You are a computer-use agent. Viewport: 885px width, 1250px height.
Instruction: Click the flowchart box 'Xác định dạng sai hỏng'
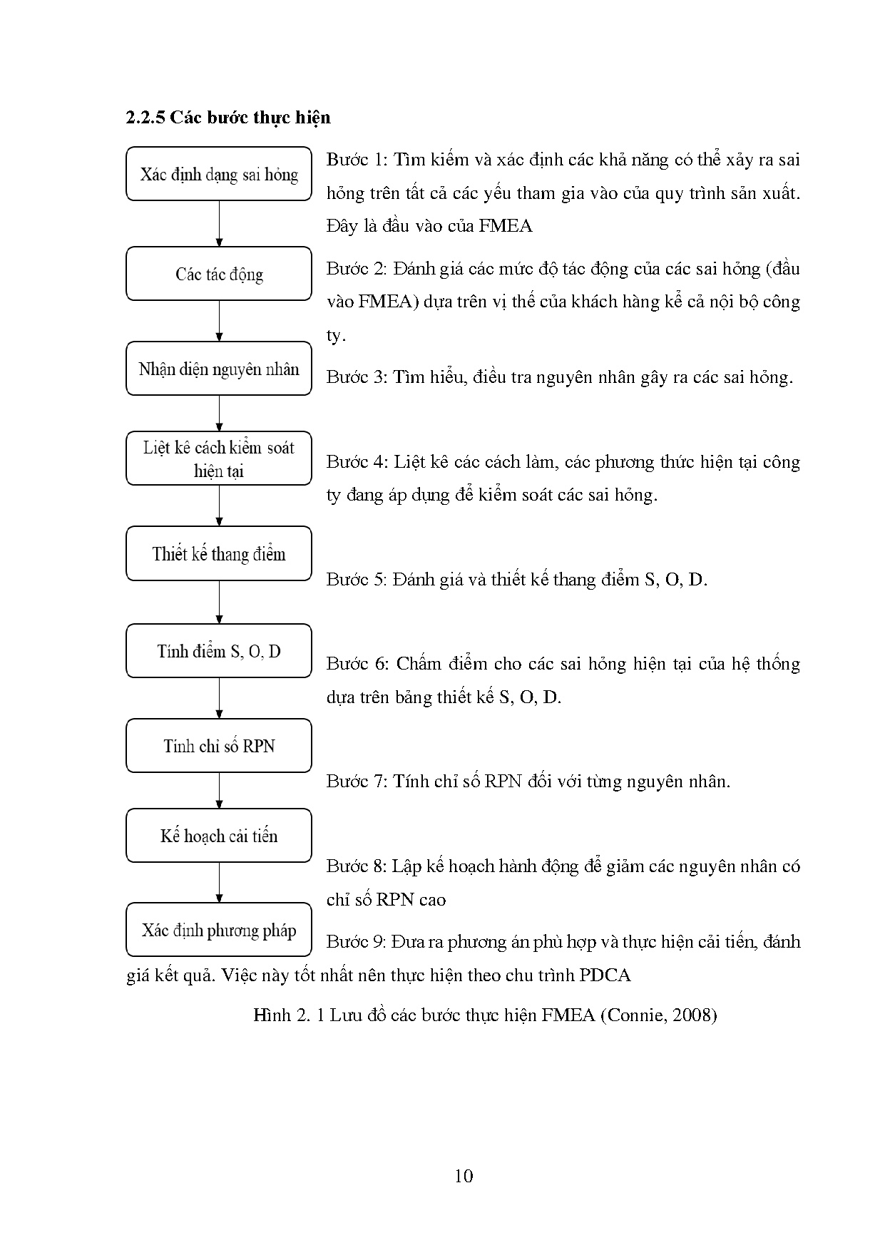click(219, 174)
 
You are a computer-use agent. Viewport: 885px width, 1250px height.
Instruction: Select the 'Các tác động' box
click(219, 274)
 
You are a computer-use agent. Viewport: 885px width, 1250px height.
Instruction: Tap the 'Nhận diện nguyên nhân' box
click(219, 369)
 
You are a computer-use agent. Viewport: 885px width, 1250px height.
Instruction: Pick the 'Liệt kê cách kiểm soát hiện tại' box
click(219, 458)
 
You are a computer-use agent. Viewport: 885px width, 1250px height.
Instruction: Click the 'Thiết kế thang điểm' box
click(219, 554)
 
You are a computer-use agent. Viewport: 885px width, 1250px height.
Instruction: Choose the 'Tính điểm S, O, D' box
click(219, 650)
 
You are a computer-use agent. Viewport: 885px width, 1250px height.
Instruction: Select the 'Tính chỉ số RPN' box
click(219, 746)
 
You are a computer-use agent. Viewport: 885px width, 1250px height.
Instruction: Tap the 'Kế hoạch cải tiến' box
click(219, 836)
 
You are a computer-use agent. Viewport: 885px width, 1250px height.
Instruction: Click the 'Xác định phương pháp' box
click(219, 930)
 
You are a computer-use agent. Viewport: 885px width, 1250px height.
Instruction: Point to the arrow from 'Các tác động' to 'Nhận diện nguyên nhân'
click(219, 321)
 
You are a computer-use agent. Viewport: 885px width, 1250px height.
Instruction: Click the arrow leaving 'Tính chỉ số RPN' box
click(219, 790)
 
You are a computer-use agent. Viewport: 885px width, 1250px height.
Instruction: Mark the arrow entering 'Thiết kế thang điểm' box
click(219, 506)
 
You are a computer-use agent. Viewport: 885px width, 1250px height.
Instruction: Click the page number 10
click(464, 1177)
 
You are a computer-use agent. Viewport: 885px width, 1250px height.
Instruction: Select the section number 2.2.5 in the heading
click(145, 118)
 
